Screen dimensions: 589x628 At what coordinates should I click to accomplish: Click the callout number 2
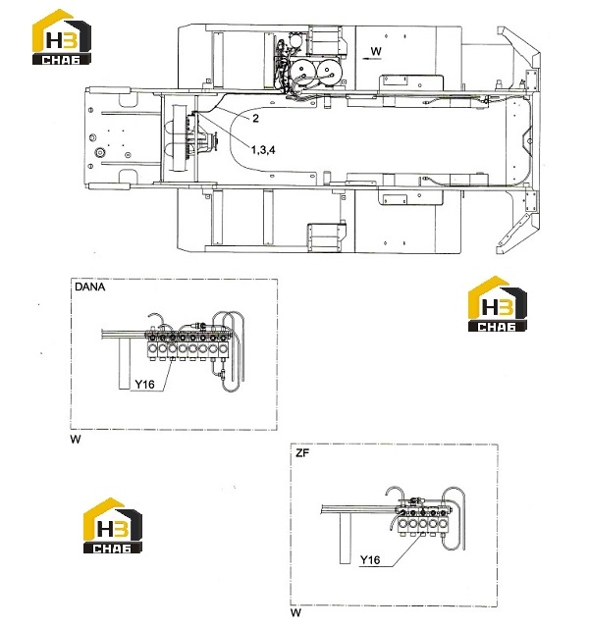(255, 118)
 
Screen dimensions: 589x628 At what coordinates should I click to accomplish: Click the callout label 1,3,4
(263, 150)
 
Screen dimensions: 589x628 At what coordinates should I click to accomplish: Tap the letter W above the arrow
(376, 51)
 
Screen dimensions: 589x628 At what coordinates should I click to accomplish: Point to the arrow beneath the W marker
(372, 59)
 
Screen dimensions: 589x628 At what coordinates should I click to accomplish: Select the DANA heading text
(89, 287)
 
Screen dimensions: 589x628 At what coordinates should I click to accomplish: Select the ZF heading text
(302, 453)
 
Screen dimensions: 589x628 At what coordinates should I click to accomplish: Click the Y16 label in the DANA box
(144, 385)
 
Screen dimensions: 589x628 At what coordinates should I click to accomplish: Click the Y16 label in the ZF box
(370, 559)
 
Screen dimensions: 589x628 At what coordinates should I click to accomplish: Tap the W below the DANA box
(76, 440)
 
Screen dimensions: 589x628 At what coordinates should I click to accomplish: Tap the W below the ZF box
(295, 612)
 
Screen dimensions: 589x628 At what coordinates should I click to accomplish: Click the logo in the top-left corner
(62, 37)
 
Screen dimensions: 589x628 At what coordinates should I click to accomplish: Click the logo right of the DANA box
(498, 303)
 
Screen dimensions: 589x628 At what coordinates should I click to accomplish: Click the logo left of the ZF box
(113, 526)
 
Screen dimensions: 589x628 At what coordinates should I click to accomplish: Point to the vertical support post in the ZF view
(346, 538)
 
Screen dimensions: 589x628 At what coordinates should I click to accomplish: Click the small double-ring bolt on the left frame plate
(99, 153)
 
